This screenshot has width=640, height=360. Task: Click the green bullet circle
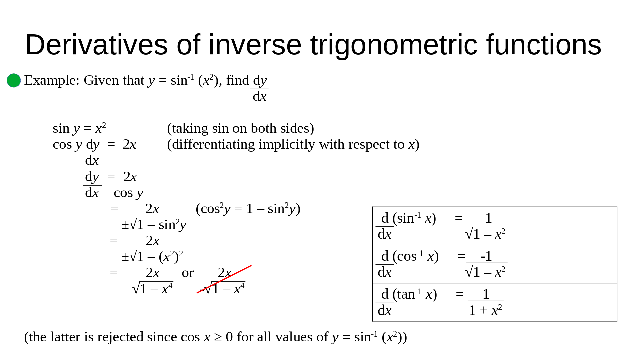point(14,80)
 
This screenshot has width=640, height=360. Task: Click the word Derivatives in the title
point(96,45)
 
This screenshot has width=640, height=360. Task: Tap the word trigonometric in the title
point(394,45)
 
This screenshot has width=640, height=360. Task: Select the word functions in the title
point(544,45)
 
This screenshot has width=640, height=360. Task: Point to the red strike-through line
point(224,279)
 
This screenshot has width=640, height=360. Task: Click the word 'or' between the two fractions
point(188,273)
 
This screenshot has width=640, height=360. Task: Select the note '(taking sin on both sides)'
point(240,128)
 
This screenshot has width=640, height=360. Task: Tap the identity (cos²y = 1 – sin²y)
point(248,209)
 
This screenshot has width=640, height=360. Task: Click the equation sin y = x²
point(79,128)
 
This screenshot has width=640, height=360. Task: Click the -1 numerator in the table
point(486,256)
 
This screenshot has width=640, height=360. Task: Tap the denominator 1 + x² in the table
point(485,310)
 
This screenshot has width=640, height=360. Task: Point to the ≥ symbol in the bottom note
point(218,337)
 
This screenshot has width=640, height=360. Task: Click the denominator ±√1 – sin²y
point(154,225)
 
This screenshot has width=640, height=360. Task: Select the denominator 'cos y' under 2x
point(128,193)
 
